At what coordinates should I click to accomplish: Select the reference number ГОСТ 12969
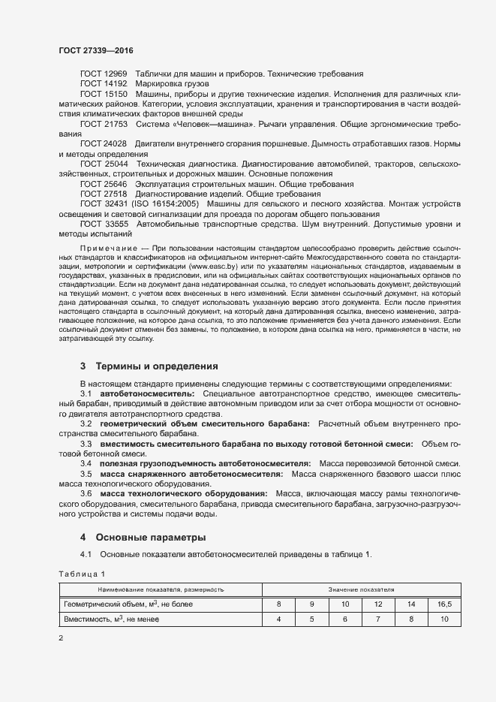click(x=104, y=74)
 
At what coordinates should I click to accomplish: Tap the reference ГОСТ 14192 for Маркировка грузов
click(x=104, y=83)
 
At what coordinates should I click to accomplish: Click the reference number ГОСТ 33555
click(x=104, y=224)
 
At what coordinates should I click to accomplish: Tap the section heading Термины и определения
click(x=156, y=366)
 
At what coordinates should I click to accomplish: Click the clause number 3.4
click(x=86, y=464)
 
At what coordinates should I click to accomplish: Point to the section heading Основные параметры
click(x=149, y=538)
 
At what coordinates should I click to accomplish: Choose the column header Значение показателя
click(x=361, y=589)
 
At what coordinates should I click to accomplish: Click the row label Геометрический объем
click(x=95, y=604)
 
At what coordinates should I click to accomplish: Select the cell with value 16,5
click(x=444, y=604)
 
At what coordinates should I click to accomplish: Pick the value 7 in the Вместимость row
click(x=378, y=619)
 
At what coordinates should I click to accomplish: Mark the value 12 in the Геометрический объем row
click(x=378, y=604)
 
